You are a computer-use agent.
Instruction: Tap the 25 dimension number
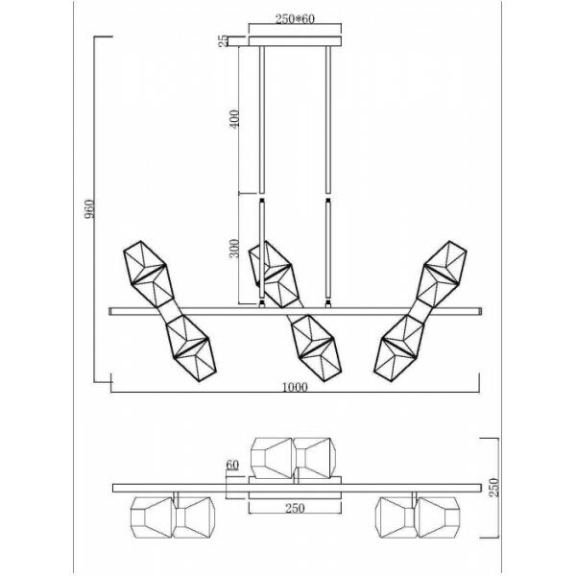point(222,40)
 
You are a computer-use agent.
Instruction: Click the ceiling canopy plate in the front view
point(295,40)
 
